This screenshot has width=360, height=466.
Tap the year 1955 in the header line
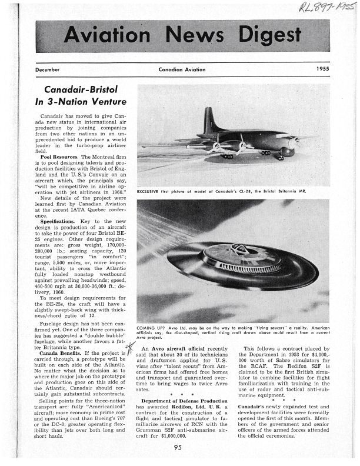pyautogui.click(x=320, y=69)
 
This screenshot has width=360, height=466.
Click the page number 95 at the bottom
pyautogui.click(x=178, y=449)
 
